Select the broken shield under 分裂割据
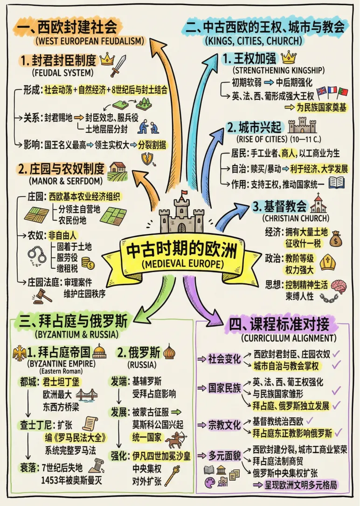click(148, 159)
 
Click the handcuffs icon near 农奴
click(36, 255)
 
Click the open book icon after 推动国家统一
click(336, 183)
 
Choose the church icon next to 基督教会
click(318, 204)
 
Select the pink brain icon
click(338, 286)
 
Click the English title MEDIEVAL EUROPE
click(180, 264)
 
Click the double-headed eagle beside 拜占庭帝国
click(20, 354)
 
